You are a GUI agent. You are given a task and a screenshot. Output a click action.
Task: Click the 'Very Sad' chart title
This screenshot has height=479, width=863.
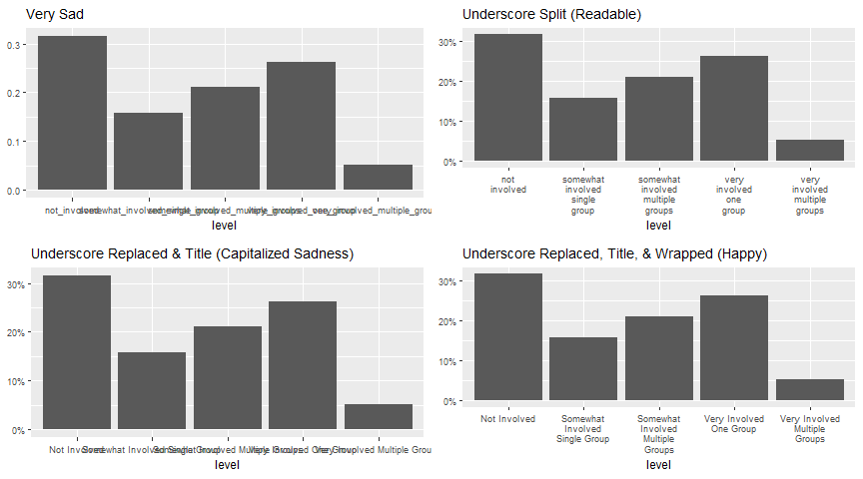click(55, 14)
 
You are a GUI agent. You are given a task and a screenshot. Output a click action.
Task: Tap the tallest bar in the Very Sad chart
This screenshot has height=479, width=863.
click(72, 113)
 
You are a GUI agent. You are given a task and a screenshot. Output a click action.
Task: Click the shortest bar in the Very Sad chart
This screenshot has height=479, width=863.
click(378, 177)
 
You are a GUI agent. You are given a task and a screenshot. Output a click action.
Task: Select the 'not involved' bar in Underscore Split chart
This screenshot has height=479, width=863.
click(508, 97)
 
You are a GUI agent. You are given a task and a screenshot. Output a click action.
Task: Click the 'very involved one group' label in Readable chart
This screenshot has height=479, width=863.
click(734, 195)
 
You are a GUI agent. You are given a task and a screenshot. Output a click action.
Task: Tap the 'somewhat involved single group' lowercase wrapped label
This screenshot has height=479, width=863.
click(583, 195)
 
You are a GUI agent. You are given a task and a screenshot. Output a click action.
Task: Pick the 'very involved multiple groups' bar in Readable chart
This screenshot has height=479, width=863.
click(810, 150)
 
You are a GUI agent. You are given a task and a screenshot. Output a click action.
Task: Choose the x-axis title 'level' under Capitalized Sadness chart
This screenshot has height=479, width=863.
click(226, 464)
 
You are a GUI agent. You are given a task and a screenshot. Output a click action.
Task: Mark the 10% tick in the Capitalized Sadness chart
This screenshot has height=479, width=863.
click(18, 380)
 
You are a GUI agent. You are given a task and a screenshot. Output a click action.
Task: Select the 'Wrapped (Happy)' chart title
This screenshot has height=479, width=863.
click(614, 253)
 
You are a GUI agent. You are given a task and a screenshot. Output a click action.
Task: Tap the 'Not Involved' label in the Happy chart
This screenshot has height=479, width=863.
click(507, 418)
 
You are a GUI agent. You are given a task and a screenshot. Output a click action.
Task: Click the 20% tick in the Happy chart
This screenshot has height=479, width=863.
click(449, 321)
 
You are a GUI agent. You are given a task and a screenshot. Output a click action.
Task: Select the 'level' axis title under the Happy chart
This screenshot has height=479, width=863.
click(658, 464)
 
